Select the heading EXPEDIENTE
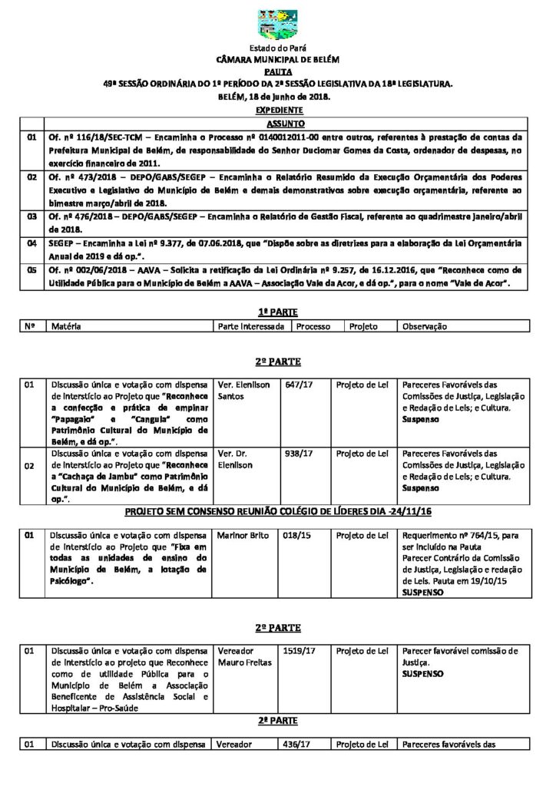pos(277,111)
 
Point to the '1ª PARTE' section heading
pos(277,312)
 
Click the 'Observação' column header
pos(424,326)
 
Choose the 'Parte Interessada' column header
pos(252,326)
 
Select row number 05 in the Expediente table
pos(32,270)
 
